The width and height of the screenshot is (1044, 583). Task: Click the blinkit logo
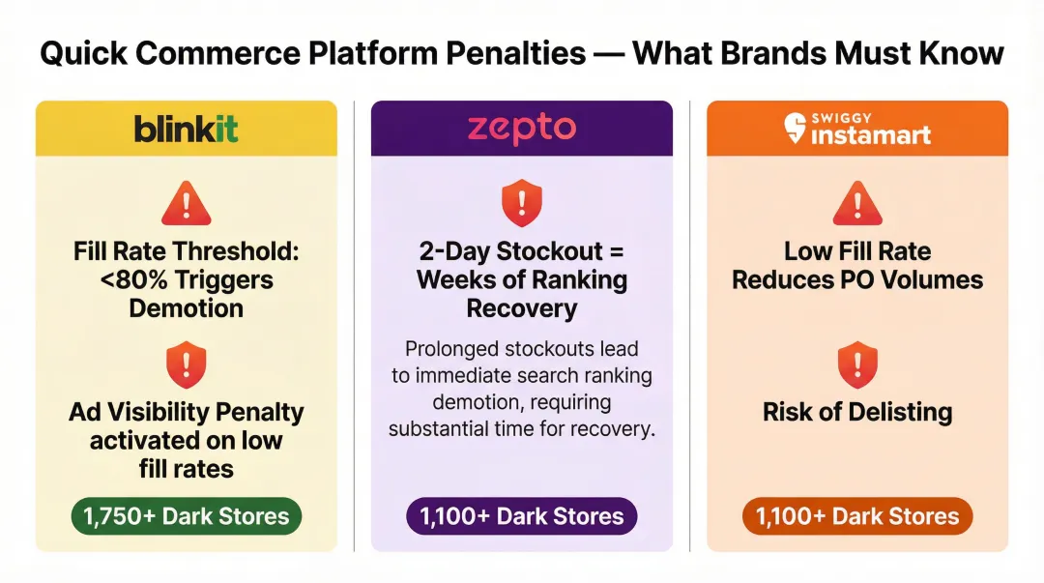click(186, 129)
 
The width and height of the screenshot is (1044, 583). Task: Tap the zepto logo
click(522, 129)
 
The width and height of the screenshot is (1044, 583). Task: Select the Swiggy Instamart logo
click(857, 129)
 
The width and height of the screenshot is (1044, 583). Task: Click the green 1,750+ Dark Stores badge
click(186, 516)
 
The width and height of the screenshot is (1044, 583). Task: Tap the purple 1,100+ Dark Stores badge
click(522, 516)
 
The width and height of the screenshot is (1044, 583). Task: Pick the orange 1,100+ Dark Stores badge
click(857, 516)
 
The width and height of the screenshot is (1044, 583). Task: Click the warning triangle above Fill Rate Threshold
click(186, 205)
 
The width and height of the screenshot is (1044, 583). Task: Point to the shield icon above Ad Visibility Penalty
click(186, 364)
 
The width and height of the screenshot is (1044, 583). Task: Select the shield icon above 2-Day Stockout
click(522, 205)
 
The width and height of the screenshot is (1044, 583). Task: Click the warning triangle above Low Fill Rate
click(857, 205)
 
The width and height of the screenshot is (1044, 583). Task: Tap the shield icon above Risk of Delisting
click(857, 364)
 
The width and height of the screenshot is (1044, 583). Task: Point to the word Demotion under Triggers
click(186, 308)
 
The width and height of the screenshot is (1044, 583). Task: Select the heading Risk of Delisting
click(857, 412)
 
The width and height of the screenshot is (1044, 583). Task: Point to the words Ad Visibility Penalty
click(186, 412)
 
